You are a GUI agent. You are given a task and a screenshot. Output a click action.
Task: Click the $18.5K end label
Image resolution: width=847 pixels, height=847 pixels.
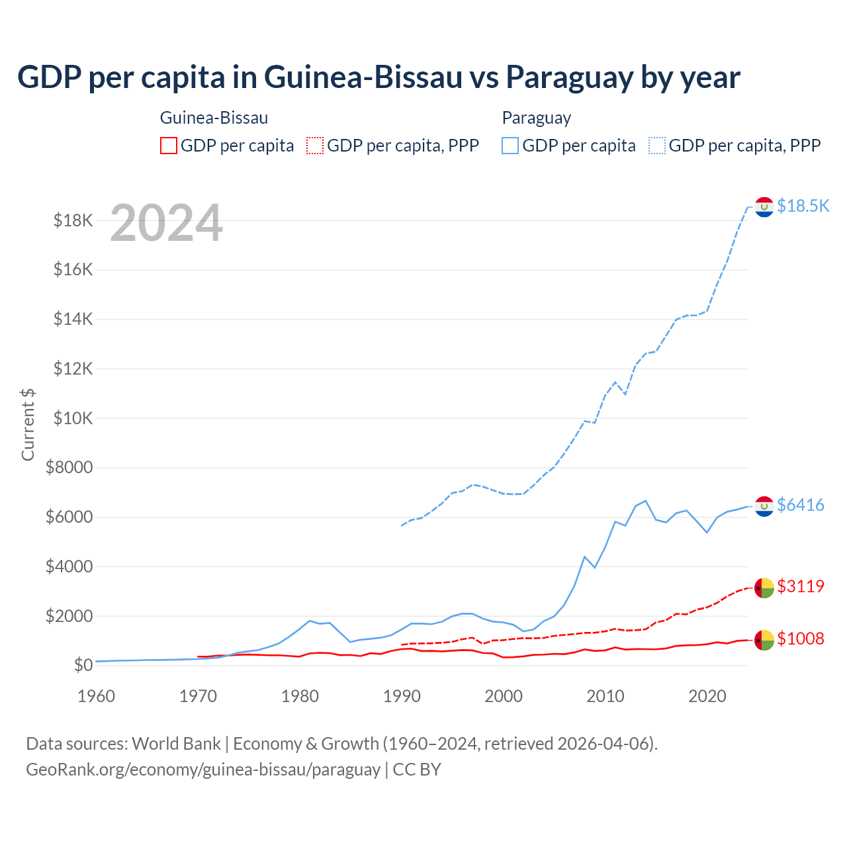[803, 206]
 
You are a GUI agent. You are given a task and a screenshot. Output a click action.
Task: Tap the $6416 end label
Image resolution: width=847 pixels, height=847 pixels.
[800, 505]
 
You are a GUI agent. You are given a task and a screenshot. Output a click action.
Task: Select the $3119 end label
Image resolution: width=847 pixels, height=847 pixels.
[800, 586]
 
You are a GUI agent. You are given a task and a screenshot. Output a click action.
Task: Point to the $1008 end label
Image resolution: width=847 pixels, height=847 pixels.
[800, 639]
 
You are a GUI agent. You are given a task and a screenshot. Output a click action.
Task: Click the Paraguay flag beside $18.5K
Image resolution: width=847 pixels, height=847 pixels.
[764, 207]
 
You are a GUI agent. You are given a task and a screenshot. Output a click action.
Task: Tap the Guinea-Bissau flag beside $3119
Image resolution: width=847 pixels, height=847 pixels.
[764, 588]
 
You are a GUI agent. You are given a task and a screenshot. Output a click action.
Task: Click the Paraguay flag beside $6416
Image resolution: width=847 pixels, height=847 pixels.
[764, 506]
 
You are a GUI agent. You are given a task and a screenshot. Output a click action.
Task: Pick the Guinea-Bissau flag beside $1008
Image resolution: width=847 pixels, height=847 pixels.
[764, 640]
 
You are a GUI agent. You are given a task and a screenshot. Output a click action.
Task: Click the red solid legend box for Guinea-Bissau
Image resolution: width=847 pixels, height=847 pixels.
[169, 146]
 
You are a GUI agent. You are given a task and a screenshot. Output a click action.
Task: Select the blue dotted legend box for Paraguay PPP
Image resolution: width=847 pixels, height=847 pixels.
[657, 146]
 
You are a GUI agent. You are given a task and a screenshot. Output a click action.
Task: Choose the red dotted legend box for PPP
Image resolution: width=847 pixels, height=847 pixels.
[316, 146]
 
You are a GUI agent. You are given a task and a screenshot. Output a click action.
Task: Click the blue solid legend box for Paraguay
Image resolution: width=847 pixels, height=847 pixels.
[510, 146]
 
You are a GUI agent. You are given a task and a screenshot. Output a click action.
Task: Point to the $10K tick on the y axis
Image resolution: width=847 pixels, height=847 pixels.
[73, 418]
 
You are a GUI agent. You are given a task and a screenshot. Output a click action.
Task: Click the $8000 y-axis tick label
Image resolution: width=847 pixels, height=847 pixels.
[69, 468]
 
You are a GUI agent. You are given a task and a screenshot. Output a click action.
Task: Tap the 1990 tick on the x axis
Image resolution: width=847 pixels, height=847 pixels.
[402, 696]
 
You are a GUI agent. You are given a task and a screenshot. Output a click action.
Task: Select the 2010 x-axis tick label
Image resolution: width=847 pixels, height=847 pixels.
[605, 696]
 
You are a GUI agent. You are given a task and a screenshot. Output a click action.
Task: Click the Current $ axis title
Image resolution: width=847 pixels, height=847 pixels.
[28, 424]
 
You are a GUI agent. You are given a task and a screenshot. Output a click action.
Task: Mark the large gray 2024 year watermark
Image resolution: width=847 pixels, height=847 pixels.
[166, 223]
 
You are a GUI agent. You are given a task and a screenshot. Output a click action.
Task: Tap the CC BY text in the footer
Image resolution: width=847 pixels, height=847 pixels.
[417, 770]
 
